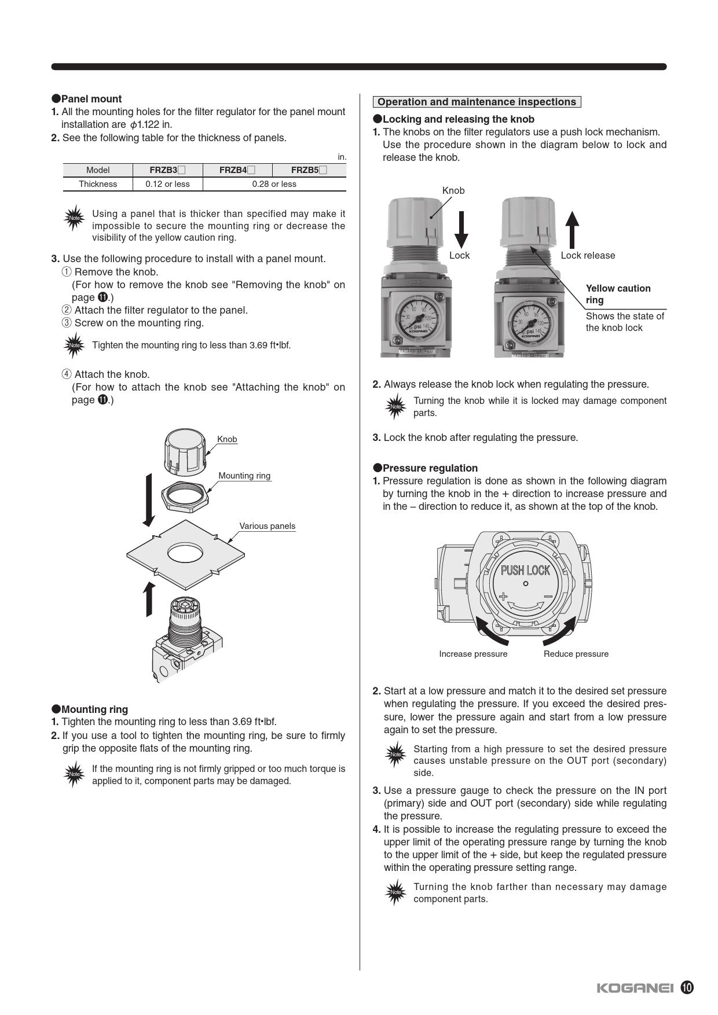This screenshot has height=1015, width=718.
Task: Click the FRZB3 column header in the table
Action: click(168, 170)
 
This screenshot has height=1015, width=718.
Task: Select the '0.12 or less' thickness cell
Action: click(168, 184)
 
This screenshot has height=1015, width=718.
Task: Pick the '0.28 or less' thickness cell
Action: click(274, 184)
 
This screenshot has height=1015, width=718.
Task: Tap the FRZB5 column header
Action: click(309, 170)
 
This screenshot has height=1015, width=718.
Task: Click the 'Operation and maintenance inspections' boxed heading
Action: click(477, 102)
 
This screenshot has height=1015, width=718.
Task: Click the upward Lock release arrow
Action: click(572, 230)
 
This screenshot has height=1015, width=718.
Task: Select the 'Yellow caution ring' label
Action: click(618, 294)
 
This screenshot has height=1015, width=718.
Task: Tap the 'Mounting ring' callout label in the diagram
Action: click(244, 476)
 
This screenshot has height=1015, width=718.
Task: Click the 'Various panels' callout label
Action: click(268, 526)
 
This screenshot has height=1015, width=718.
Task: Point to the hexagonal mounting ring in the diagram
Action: click(185, 496)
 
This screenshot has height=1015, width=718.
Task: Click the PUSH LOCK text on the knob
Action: click(525, 571)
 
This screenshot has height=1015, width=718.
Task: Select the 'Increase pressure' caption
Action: click(473, 654)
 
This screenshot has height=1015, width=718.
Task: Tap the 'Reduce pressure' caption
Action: click(576, 654)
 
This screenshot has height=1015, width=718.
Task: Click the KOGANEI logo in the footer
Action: click(635, 988)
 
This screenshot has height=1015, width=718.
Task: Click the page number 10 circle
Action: click(687, 988)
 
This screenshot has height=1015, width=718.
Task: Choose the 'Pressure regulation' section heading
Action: click(426, 468)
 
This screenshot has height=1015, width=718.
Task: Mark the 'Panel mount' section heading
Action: click(87, 99)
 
